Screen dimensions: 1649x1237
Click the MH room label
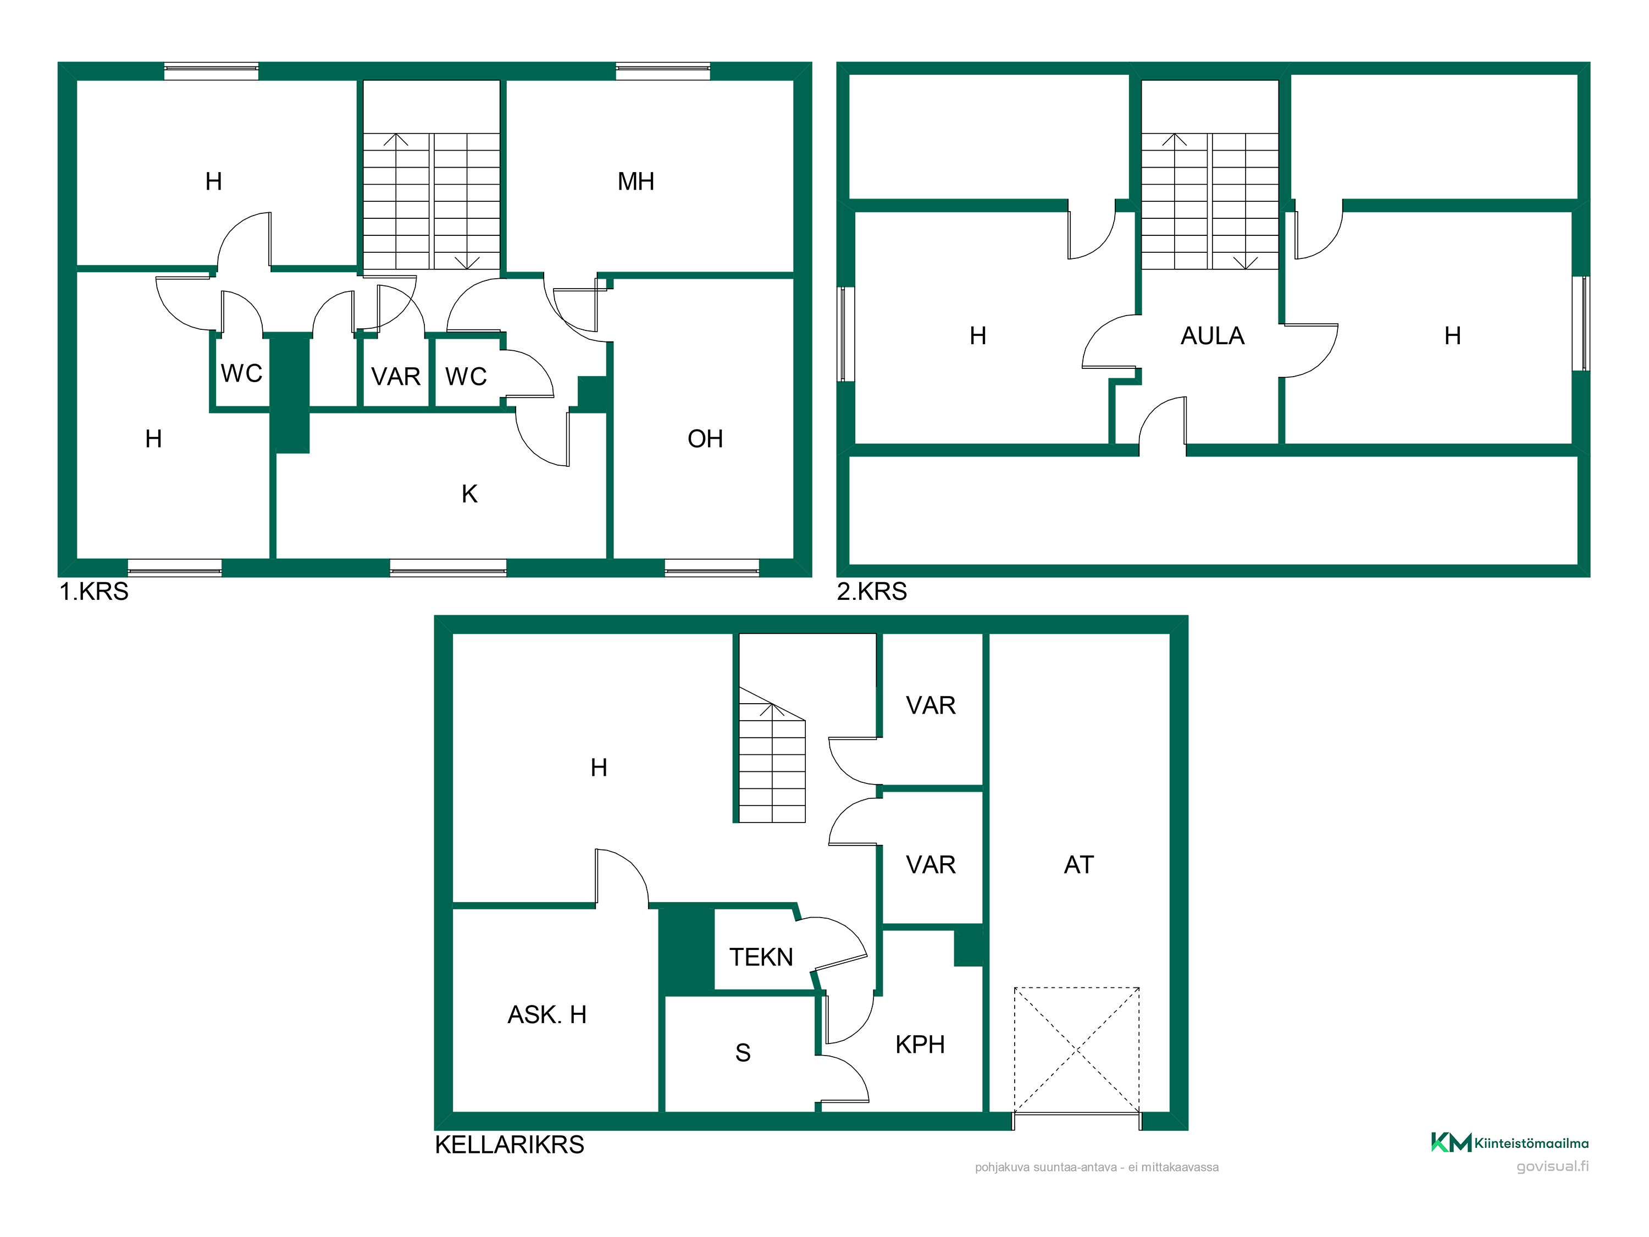636,181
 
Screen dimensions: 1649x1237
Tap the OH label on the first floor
705,438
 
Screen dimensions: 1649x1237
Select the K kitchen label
469,494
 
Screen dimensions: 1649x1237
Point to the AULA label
1213,335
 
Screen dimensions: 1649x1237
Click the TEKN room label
761,957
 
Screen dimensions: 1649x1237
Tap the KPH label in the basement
920,1044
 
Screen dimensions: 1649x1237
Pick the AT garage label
1078,864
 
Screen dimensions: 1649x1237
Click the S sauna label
743,1052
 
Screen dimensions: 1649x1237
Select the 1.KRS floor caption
94,591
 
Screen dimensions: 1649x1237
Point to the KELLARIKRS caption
510,1145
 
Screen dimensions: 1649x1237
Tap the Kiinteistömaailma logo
1509,1142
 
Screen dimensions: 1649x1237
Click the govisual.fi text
1553,1166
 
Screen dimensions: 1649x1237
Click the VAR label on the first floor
396,377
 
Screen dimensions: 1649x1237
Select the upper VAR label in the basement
931,705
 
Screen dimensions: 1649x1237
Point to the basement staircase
772,755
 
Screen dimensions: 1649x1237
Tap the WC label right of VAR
466,377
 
